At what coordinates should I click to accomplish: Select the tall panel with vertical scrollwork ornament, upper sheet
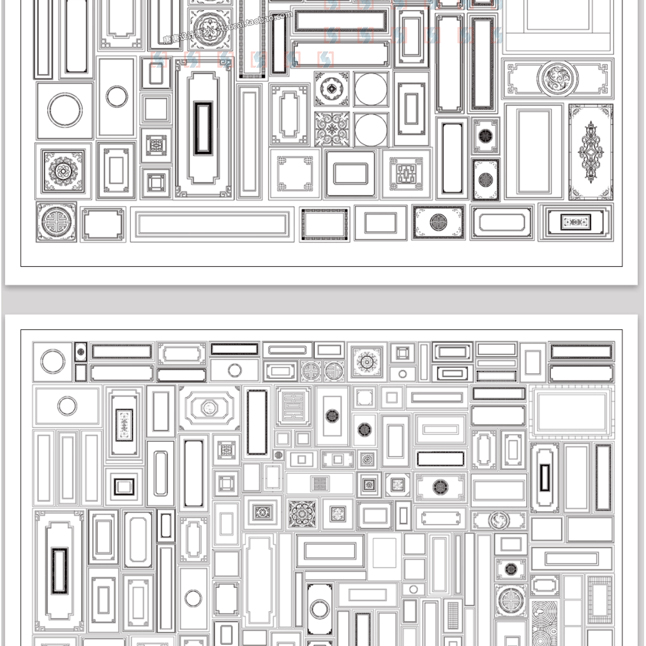590,152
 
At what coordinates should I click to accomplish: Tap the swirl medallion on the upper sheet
557,79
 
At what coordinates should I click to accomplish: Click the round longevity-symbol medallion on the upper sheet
56,222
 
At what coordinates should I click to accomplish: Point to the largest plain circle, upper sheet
65,110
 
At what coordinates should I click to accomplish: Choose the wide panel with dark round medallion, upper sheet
439,222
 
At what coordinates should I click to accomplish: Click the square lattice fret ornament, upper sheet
407,173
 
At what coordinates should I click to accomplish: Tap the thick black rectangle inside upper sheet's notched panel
204,128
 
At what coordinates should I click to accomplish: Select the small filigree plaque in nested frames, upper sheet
575,222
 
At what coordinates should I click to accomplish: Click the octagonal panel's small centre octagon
209,407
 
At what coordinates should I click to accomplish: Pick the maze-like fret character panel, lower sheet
293,406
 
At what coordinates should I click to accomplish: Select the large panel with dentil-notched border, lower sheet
571,412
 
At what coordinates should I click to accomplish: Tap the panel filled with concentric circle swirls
544,622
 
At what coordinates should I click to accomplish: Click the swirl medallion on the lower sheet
498,520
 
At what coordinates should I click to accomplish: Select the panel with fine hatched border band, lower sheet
599,599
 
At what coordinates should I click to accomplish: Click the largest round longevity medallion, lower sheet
510,600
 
